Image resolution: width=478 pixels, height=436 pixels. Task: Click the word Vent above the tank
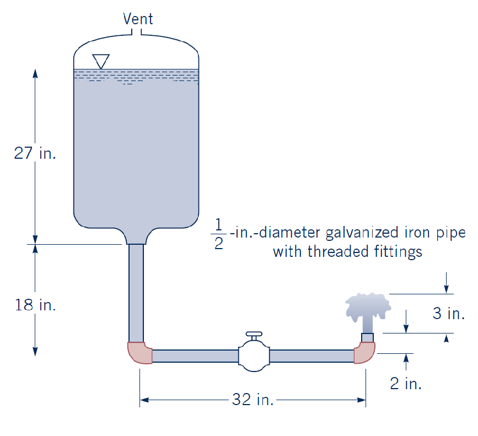(138, 19)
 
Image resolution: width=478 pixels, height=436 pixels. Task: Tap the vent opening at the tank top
(137, 32)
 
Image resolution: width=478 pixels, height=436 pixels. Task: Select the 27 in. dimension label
(35, 153)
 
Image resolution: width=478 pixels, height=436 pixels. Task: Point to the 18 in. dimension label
(35, 305)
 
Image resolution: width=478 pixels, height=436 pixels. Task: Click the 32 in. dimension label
(253, 400)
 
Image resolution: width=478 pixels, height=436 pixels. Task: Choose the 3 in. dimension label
(448, 314)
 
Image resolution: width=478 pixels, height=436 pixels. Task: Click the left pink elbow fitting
(139, 353)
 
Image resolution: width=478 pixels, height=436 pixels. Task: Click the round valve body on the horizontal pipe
(254, 356)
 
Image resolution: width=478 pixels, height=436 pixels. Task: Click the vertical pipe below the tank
(136, 292)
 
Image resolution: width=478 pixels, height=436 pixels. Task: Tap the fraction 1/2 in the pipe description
(218, 234)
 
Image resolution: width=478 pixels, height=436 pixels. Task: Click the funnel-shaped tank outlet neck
(136, 237)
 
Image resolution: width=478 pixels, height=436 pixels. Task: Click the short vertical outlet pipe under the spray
(367, 337)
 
